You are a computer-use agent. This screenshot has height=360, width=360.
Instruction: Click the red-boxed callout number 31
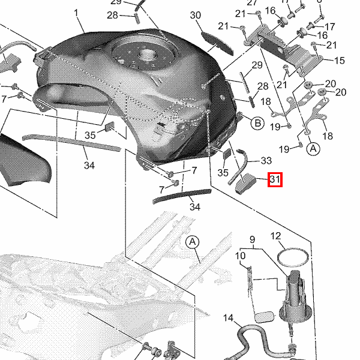[x=275, y=179]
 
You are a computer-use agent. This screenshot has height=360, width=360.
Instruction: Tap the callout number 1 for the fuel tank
[x=76, y=13]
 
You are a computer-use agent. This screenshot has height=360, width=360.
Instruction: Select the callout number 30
[x=196, y=16]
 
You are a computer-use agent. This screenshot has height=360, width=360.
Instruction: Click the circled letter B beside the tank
[x=257, y=123]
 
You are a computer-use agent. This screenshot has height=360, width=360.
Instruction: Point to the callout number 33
[x=266, y=161]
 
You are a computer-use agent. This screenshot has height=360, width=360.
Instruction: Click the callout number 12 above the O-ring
[x=275, y=236]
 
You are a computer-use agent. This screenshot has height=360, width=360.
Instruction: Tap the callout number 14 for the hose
[x=228, y=318]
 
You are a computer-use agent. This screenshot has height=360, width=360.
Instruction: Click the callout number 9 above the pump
[x=252, y=239]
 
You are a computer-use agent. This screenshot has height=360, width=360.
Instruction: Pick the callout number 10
[x=240, y=256]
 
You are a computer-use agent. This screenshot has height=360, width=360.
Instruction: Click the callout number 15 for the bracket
[x=340, y=61]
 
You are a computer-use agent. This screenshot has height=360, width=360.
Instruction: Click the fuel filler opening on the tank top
[x=145, y=55]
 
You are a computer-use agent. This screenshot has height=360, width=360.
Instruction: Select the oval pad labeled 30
[x=217, y=43]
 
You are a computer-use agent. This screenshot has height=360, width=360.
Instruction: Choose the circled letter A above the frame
[x=193, y=242]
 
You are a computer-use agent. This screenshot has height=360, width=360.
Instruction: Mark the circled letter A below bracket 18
[x=313, y=149]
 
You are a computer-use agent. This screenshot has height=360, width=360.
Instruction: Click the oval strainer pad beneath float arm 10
[x=265, y=317]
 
